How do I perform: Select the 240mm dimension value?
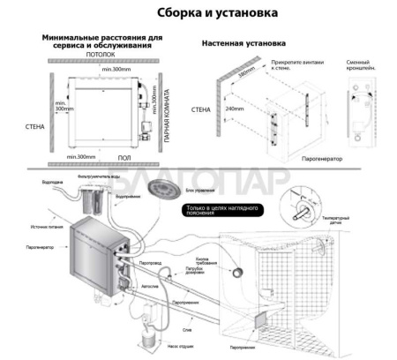[x=233, y=109]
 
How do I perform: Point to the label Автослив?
[x=152, y=286]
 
